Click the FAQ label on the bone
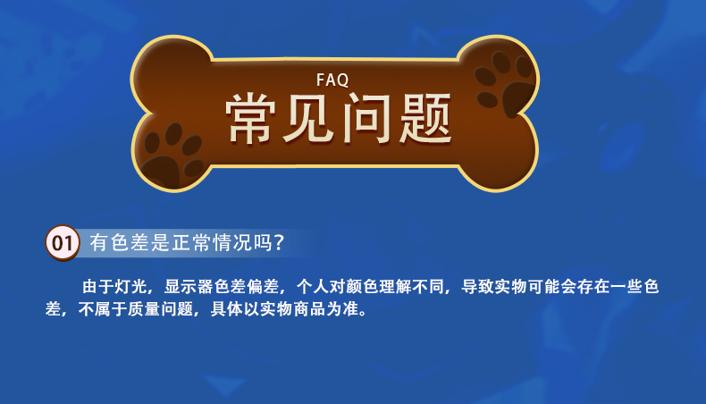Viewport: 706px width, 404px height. [x=332, y=80]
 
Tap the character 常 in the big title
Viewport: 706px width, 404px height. [x=250, y=119]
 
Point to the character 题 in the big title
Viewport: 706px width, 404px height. [x=425, y=119]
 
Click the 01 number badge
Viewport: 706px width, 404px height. [x=63, y=243]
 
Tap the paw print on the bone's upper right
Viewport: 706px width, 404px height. [x=504, y=82]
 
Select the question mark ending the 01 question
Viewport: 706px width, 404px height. [x=279, y=243]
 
